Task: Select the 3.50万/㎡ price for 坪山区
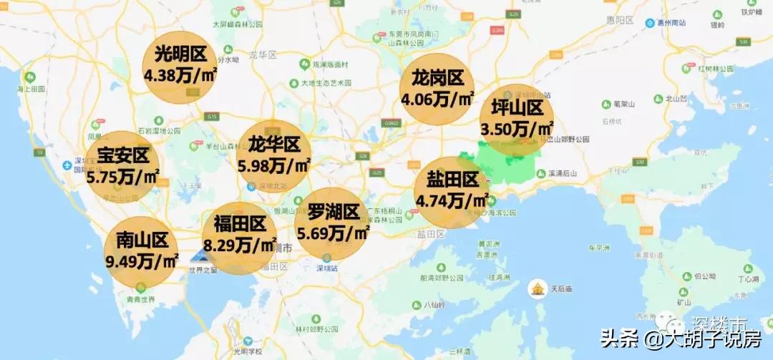pyautogui.click(x=517, y=129)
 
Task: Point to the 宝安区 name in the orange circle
pyautogui.click(x=122, y=155)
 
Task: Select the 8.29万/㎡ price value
pyautogui.click(x=240, y=245)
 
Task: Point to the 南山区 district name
pyautogui.click(x=141, y=240)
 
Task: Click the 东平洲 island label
pyautogui.click(x=598, y=248)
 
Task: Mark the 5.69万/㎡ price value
pyautogui.click(x=333, y=233)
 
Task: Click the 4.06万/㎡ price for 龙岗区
pyautogui.click(x=437, y=99)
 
